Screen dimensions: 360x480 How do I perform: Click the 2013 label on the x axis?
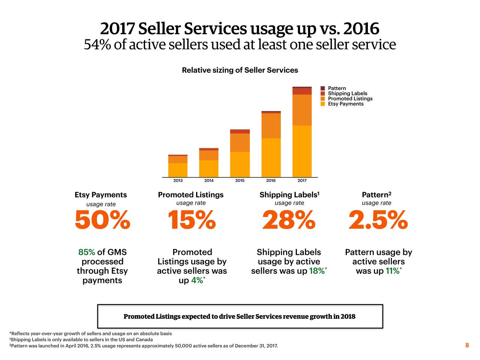pyautogui.click(x=178, y=181)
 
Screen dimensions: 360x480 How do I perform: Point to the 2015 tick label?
pyautogui.click(x=240, y=181)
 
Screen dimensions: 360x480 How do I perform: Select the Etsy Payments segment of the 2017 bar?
pyautogui.click(x=302, y=151)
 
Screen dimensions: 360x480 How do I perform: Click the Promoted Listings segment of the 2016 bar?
pyautogui.click(x=271, y=126)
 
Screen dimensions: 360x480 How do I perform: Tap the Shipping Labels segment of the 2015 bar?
pyautogui.click(x=240, y=132)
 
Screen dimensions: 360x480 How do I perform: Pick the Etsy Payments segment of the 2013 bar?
pyautogui.click(x=178, y=170)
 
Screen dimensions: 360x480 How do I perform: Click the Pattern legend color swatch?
pyautogui.click(x=323, y=88)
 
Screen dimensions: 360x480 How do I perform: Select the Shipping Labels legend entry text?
pyautogui.click(x=348, y=93)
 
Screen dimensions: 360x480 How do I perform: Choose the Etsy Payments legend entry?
pyautogui.click(x=345, y=104)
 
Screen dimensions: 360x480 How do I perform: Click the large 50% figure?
pyautogui.click(x=102, y=220)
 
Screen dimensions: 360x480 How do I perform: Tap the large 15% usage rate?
pyautogui.click(x=191, y=220)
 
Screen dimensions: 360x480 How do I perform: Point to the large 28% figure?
pyautogui.click(x=289, y=220)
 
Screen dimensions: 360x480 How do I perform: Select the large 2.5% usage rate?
pyautogui.click(x=378, y=220)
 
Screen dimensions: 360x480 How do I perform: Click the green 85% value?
pyautogui.click(x=86, y=252)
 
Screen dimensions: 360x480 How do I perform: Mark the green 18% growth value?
pyautogui.click(x=317, y=271)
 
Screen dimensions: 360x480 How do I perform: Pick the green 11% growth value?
pyautogui.click(x=392, y=271)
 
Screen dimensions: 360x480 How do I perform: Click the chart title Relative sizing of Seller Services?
pyautogui.click(x=240, y=70)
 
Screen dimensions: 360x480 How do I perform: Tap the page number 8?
pyautogui.click(x=467, y=345)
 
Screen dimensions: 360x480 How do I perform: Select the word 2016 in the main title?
pyautogui.click(x=361, y=28)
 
